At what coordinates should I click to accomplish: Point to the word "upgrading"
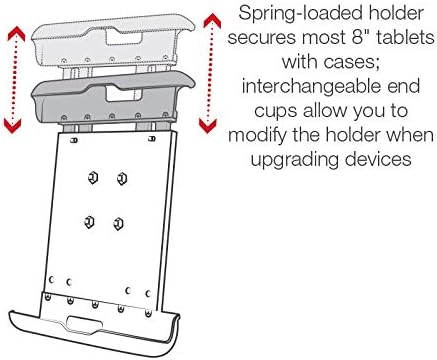pos(294,160)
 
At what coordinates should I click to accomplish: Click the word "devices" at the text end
pos(378,158)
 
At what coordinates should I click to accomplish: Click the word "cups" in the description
pos(275,112)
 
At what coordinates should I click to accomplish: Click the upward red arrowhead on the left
pos(16,34)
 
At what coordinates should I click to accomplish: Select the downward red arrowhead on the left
pos(13,126)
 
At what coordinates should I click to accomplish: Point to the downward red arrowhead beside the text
pos(207,126)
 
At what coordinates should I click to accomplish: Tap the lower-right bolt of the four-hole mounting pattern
pos(118,223)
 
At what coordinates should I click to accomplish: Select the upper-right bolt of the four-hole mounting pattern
pos(122,179)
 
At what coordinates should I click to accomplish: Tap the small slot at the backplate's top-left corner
pos(74,140)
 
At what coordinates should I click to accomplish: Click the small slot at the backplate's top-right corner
pos(152,138)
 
